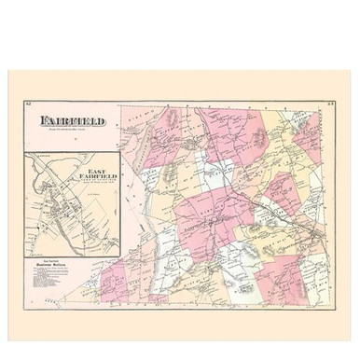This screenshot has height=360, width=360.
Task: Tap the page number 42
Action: click(30, 105)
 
